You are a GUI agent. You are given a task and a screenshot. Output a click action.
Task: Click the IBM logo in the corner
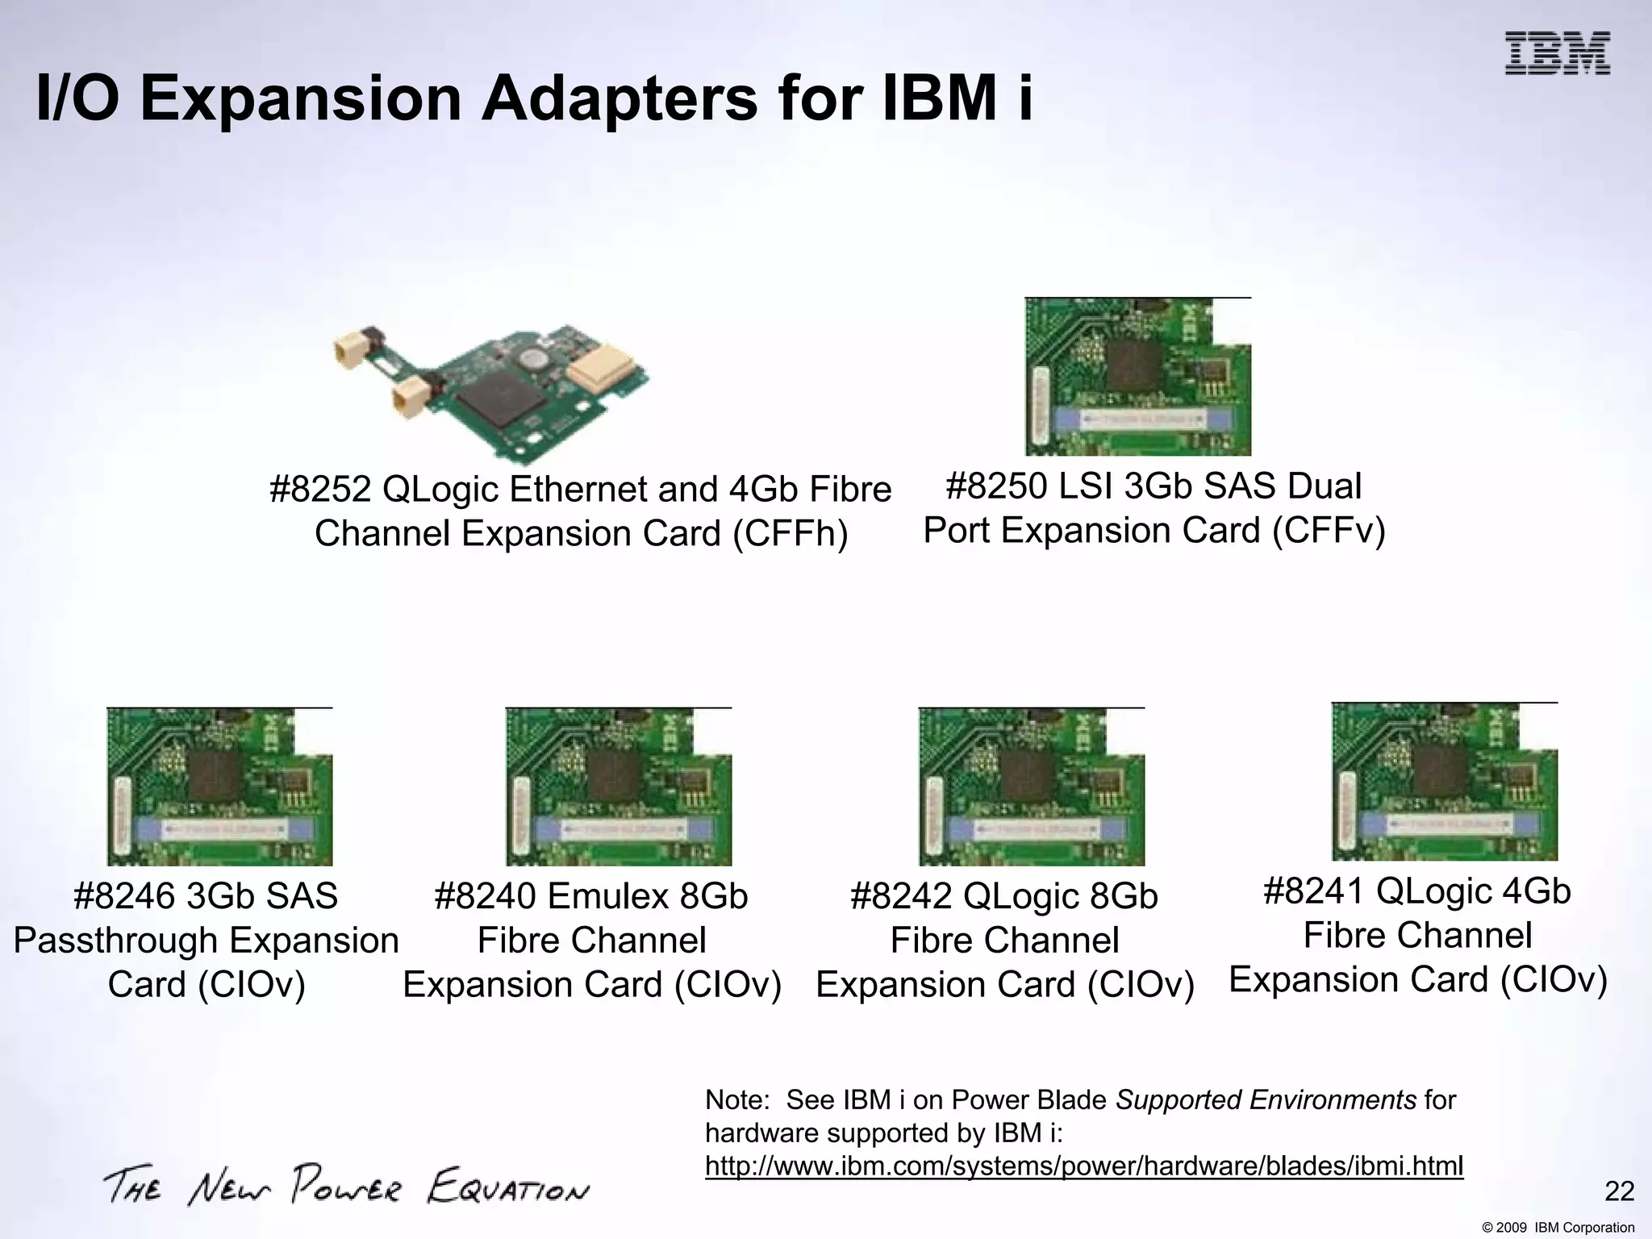pyautogui.click(x=1557, y=53)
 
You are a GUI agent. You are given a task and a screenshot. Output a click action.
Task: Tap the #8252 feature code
pyautogui.click(x=320, y=490)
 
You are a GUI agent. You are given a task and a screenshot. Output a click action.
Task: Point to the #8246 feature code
pyautogui.click(x=124, y=897)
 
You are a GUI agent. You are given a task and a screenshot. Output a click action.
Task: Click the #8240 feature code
pyautogui.click(x=486, y=897)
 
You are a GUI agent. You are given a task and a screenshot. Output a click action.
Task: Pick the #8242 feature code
pyautogui.click(x=902, y=897)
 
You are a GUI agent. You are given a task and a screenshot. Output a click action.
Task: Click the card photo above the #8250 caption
pyautogui.click(x=1137, y=377)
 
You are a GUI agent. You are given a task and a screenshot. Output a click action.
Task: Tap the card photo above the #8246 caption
pyautogui.click(x=219, y=786)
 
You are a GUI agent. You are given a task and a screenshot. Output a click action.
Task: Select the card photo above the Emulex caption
pyautogui.click(x=619, y=786)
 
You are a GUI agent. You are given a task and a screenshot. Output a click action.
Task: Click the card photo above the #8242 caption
pyautogui.click(x=1031, y=786)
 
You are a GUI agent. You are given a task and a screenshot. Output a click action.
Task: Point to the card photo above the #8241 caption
pyautogui.click(x=1444, y=782)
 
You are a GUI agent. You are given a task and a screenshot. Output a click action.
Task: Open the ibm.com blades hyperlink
pyautogui.click(x=1083, y=1166)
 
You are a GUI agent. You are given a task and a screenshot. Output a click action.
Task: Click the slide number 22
pyautogui.click(x=1619, y=1191)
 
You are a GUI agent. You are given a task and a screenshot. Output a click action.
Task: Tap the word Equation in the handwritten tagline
pyautogui.click(x=508, y=1189)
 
